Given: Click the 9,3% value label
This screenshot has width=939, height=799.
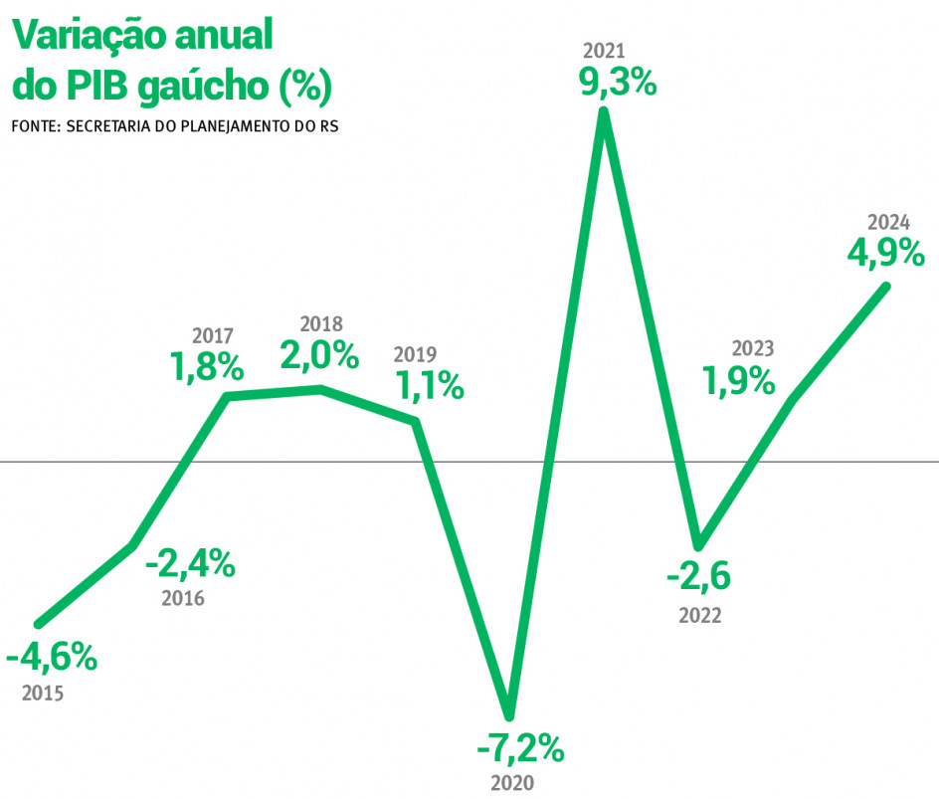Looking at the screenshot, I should click(618, 83).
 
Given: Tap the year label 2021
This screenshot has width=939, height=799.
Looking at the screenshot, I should click(604, 50).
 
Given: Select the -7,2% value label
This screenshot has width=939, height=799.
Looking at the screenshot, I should click(520, 746).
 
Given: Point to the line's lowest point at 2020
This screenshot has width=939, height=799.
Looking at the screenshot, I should click(509, 712).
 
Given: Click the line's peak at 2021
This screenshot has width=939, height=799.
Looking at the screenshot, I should click(603, 112).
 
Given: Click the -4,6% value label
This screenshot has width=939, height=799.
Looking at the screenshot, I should click(51, 658).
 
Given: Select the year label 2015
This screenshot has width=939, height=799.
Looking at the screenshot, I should click(43, 693).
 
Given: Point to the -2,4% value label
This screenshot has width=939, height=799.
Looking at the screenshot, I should click(190, 565).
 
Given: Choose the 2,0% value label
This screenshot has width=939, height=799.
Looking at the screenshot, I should click(319, 355).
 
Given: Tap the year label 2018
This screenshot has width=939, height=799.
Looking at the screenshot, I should click(321, 323).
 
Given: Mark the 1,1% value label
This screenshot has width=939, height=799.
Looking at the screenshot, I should click(430, 385).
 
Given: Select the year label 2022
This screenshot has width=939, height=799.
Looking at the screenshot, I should click(700, 616).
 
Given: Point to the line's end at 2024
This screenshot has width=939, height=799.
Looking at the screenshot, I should click(884, 288).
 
